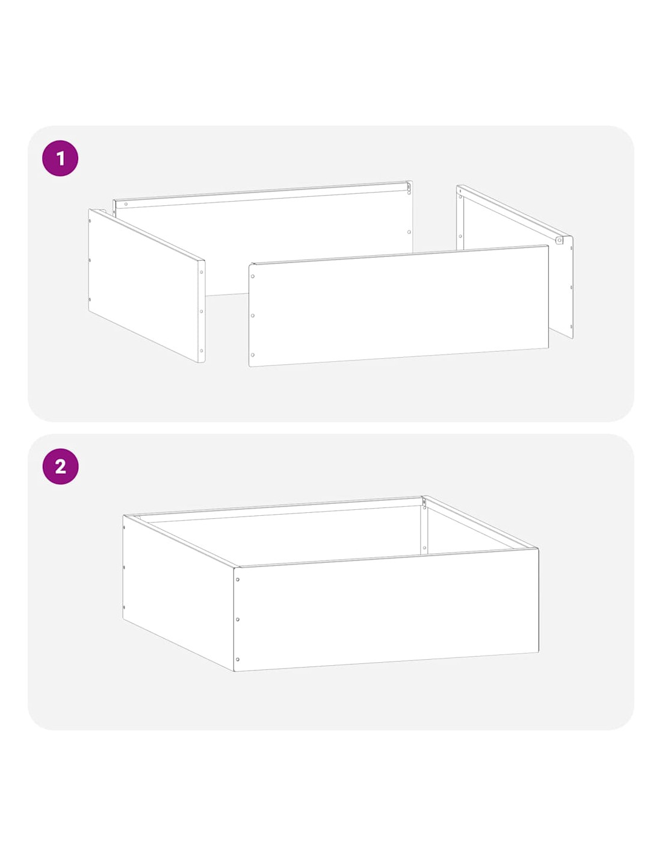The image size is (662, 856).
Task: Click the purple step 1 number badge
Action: point(60,158)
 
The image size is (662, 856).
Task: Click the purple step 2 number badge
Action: point(60,467)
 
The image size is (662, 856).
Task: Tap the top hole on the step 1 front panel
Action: point(252,276)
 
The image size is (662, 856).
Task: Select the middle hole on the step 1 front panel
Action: point(252,315)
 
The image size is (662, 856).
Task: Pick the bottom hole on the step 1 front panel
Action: point(252,355)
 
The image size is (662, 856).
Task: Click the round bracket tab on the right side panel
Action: point(558,240)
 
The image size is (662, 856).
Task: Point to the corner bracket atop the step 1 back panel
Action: point(409,188)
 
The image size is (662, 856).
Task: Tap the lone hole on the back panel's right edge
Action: point(409,232)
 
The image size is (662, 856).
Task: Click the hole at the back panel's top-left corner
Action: point(126,204)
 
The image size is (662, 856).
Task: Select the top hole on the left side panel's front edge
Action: point(201,272)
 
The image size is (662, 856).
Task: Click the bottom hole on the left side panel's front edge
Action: point(201,350)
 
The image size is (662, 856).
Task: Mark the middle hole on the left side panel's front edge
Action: point(201,311)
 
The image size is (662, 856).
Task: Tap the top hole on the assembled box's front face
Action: point(238,580)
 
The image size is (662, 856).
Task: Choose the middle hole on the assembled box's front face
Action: point(238,619)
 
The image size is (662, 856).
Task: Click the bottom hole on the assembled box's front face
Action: point(238,659)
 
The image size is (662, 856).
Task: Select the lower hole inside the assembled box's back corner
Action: point(424,548)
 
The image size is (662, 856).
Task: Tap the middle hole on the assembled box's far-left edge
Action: point(124,567)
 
